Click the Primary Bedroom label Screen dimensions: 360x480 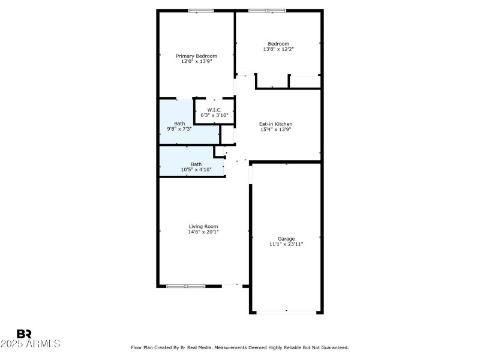click(196, 56)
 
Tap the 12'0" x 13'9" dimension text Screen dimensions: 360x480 click(196, 61)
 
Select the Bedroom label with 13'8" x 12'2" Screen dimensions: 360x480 click(278, 44)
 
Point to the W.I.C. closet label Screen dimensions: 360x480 click(215, 110)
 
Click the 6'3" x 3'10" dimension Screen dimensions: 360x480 click(215, 115)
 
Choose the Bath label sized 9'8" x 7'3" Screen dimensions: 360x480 click(179, 123)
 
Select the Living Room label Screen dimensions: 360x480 click(203, 226)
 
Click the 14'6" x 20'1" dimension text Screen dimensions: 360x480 click(203, 232)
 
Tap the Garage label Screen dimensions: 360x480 click(286, 238)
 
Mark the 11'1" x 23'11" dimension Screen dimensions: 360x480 click(286, 244)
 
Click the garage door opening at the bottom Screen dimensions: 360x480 click(286, 311)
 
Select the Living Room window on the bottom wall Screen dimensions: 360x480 click(186, 286)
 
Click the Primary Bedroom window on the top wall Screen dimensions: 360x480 click(201, 11)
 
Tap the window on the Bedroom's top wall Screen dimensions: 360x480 click(268, 11)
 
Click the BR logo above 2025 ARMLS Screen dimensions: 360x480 click(25, 334)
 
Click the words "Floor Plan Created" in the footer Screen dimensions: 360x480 click(155, 347)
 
